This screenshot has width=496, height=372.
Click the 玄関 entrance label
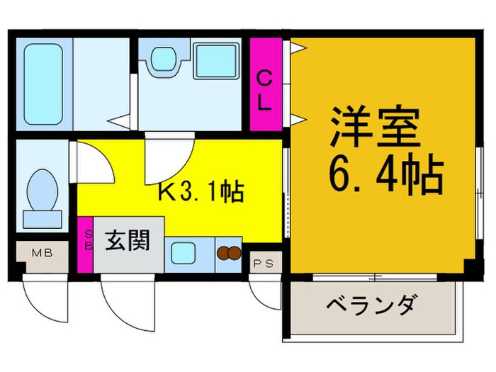click(x=128, y=241)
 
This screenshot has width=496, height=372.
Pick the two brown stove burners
click(x=228, y=252)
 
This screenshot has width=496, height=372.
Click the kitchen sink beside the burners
click(x=186, y=252)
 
